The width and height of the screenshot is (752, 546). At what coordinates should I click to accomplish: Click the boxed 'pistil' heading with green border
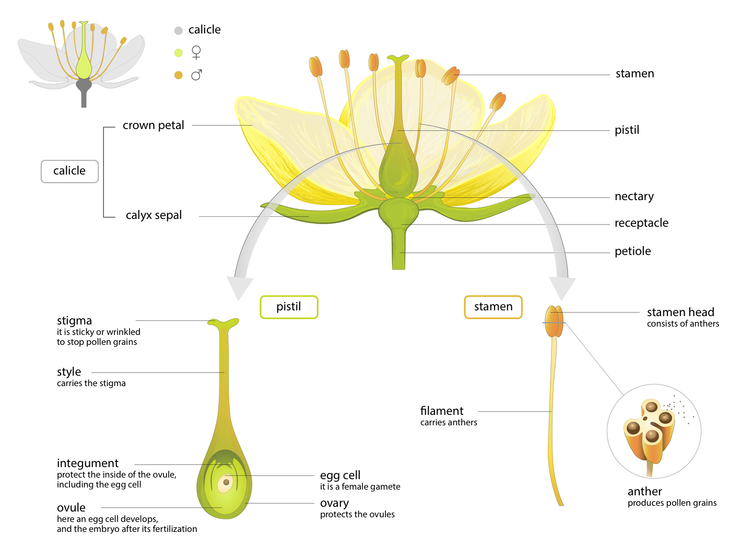[289, 307]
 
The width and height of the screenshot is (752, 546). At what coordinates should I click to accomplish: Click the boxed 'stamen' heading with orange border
[493, 307]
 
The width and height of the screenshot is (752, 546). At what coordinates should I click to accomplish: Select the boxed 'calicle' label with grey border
[69, 171]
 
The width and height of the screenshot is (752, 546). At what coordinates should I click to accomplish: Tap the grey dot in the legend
[179, 30]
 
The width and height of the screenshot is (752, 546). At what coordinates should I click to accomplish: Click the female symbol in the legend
[196, 52]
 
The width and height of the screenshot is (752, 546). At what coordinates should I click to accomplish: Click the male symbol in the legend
[196, 75]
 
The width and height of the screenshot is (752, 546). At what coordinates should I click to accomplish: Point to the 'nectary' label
[634, 196]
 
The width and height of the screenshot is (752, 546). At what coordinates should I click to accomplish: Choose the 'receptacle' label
[641, 223]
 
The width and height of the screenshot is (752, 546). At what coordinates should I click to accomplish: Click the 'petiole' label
[632, 251]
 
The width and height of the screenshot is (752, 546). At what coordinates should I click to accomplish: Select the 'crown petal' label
[153, 125]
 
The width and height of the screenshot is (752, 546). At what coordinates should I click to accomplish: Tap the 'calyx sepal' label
[154, 215]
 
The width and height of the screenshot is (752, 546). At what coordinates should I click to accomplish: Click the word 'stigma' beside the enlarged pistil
[74, 321]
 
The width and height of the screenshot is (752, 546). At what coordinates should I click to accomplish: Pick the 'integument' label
[88, 463]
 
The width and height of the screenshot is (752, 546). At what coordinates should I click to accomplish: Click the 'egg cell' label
[340, 475]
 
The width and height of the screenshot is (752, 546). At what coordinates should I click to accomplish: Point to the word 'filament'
[442, 411]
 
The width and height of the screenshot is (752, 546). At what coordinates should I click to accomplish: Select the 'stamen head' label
[680, 312]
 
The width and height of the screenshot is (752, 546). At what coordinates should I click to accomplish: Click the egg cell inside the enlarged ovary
[226, 482]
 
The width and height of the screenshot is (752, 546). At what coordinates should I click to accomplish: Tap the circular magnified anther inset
[654, 431]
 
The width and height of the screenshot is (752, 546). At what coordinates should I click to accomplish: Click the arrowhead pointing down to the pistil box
[240, 287]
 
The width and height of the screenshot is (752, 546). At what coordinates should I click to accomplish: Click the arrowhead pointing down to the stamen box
[562, 287]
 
